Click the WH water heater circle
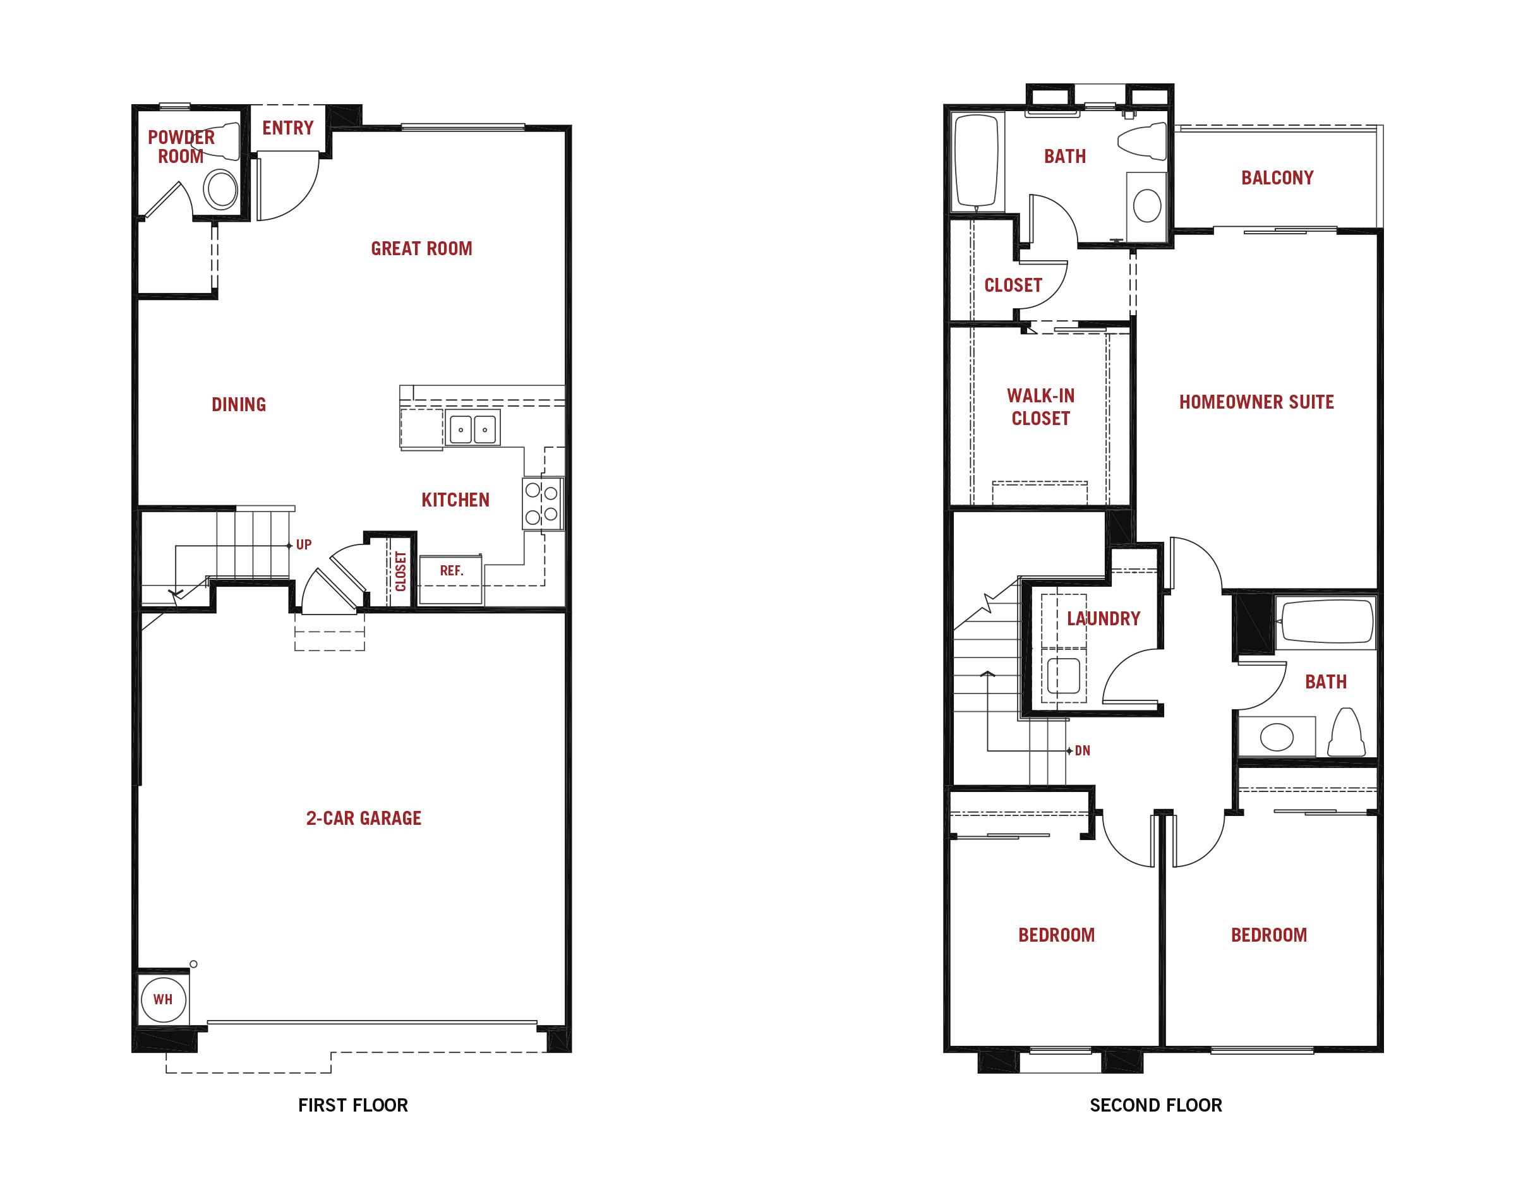pyautogui.click(x=163, y=999)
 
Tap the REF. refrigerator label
pyautogui.click(x=452, y=570)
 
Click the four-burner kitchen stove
pyautogui.click(x=543, y=504)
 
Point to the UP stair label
pyautogui.click(x=303, y=544)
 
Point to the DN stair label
pyautogui.click(x=1083, y=750)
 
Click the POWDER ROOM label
pyautogui.click(x=181, y=146)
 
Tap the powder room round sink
pyautogui.click(x=221, y=188)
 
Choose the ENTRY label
pyautogui.click(x=288, y=128)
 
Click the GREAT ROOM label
pyautogui.click(x=421, y=249)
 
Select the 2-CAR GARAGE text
pyautogui.click(x=364, y=818)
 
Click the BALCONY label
pyautogui.click(x=1277, y=177)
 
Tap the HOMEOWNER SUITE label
pyautogui.click(x=1256, y=402)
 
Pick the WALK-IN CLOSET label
pyautogui.click(x=1040, y=407)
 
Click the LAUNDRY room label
pyautogui.click(x=1104, y=618)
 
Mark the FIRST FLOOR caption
pyautogui.click(x=352, y=1105)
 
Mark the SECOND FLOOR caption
pyautogui.click(x=1155, y=1105)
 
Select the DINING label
pyautogui.click(x=239, y=405)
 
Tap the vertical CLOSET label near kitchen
pyautogui.click(x=400, y=570)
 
